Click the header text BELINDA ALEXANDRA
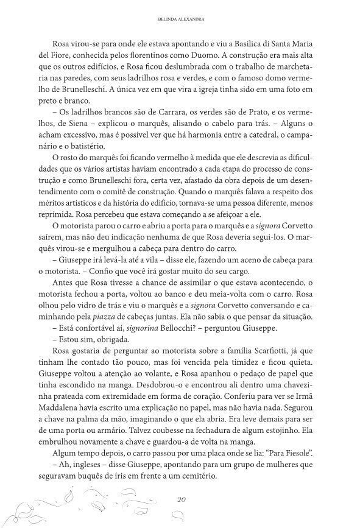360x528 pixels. click(180, 19)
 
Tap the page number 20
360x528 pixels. click(180, 499)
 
